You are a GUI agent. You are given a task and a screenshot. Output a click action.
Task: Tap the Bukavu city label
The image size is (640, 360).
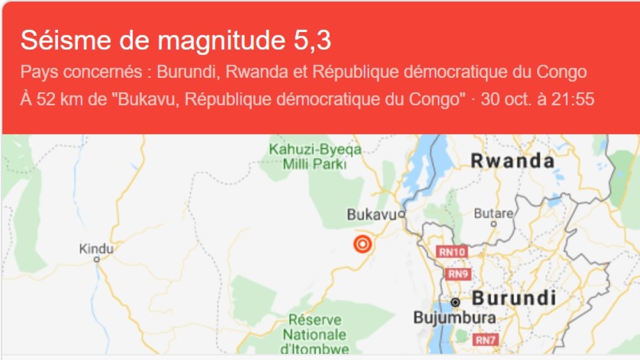(x=372, y=215)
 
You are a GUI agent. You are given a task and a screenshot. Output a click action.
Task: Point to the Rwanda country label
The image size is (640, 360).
(x=513, y=161)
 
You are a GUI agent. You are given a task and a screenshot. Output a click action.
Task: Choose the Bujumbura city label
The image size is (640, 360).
(x=454, y=318)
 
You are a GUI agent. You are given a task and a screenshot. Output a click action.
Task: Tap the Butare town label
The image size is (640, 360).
(x=493, y=213)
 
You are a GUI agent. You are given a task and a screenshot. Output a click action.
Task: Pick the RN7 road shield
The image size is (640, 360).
(x=486, y=339)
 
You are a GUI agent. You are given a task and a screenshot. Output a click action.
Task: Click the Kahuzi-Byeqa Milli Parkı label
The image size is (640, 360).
(x=315, y=157)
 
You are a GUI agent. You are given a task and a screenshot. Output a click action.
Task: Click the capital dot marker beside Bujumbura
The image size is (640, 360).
(x=455, y=302)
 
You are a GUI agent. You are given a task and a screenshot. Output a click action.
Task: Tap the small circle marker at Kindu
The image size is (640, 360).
(x=97, y=259)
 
